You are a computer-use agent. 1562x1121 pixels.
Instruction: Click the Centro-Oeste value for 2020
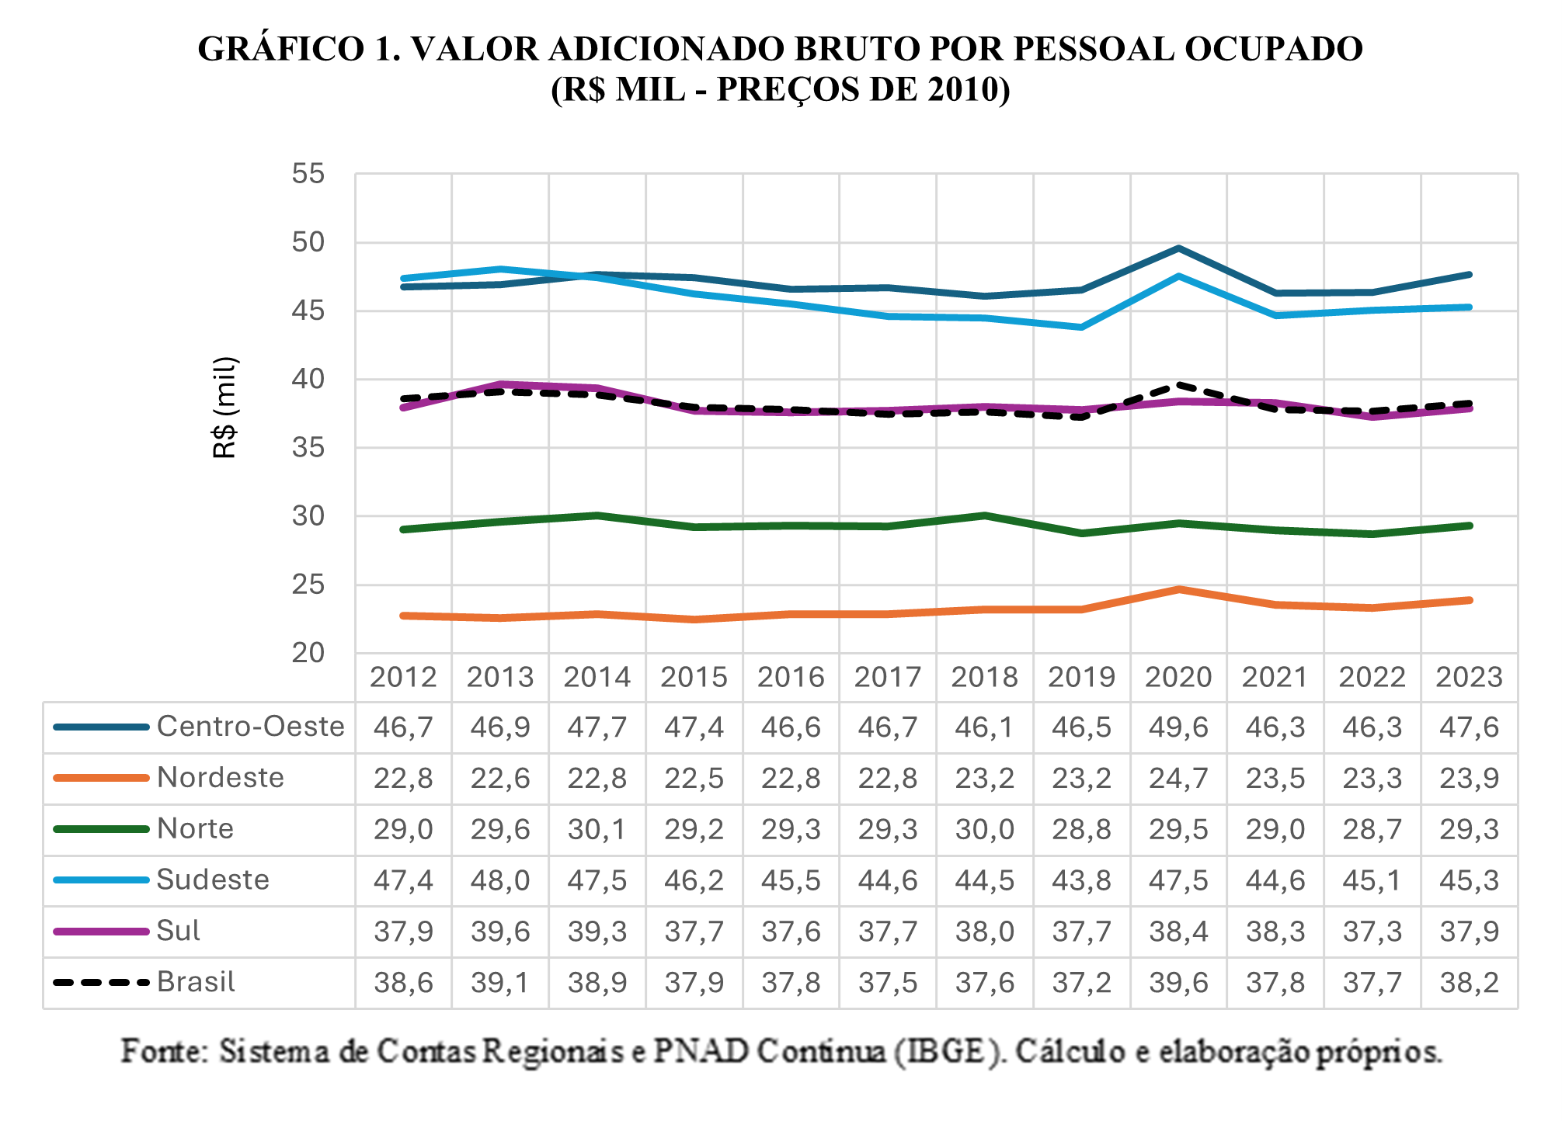click(x=1178, y=727)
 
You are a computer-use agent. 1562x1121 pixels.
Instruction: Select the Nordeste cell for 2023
click(x=1469, y=778)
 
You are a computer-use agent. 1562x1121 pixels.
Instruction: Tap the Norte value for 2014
click(x=597, y=829)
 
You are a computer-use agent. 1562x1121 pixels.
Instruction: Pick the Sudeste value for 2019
click(x=1081, y=880)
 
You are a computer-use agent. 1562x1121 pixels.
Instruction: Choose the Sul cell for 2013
click(x=500, y=931)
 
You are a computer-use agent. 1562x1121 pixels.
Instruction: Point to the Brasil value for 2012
click(x=403, y=982)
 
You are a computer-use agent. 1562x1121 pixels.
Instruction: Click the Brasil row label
click(x=196, y=982)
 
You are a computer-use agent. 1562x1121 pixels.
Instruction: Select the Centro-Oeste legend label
click(x=250, y=727)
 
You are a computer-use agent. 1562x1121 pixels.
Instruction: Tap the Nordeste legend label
click(x=221, y=778)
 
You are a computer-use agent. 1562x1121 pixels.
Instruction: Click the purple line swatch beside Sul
click(x=100, y=931)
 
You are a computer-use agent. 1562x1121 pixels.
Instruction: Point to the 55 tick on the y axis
click(x=308, y=174)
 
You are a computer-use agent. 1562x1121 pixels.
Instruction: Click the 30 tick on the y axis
click(x=308, y=516)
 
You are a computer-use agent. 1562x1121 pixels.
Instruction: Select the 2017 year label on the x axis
click(x=887, y=677)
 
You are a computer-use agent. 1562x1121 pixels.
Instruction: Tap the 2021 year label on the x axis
click(x=1275, y=677)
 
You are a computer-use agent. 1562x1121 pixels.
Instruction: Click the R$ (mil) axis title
click(x=224, y=408)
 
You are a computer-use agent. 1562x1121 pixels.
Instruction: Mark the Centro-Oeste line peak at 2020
click(x=1178, y=248)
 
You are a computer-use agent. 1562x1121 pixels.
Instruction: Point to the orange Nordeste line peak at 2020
click(x=1178, y=589)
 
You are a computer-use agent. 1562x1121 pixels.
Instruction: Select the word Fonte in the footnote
click(x=164, y=1051)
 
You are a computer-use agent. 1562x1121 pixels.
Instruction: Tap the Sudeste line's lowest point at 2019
click(x=1081, y=327)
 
